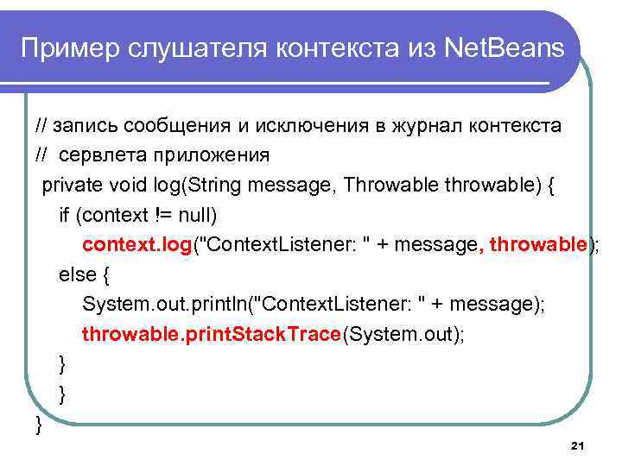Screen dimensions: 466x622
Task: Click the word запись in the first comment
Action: click(x=86, y=125)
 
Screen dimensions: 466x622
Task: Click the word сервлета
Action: click(x=94, y=155)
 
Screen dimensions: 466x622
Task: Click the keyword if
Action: click(x=63, y=215)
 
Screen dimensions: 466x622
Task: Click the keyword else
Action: click(x=76, y=274)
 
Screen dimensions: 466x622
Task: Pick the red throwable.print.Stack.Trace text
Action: click(x=212, y=334)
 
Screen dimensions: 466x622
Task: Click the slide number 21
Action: click(x=578, y=445)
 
